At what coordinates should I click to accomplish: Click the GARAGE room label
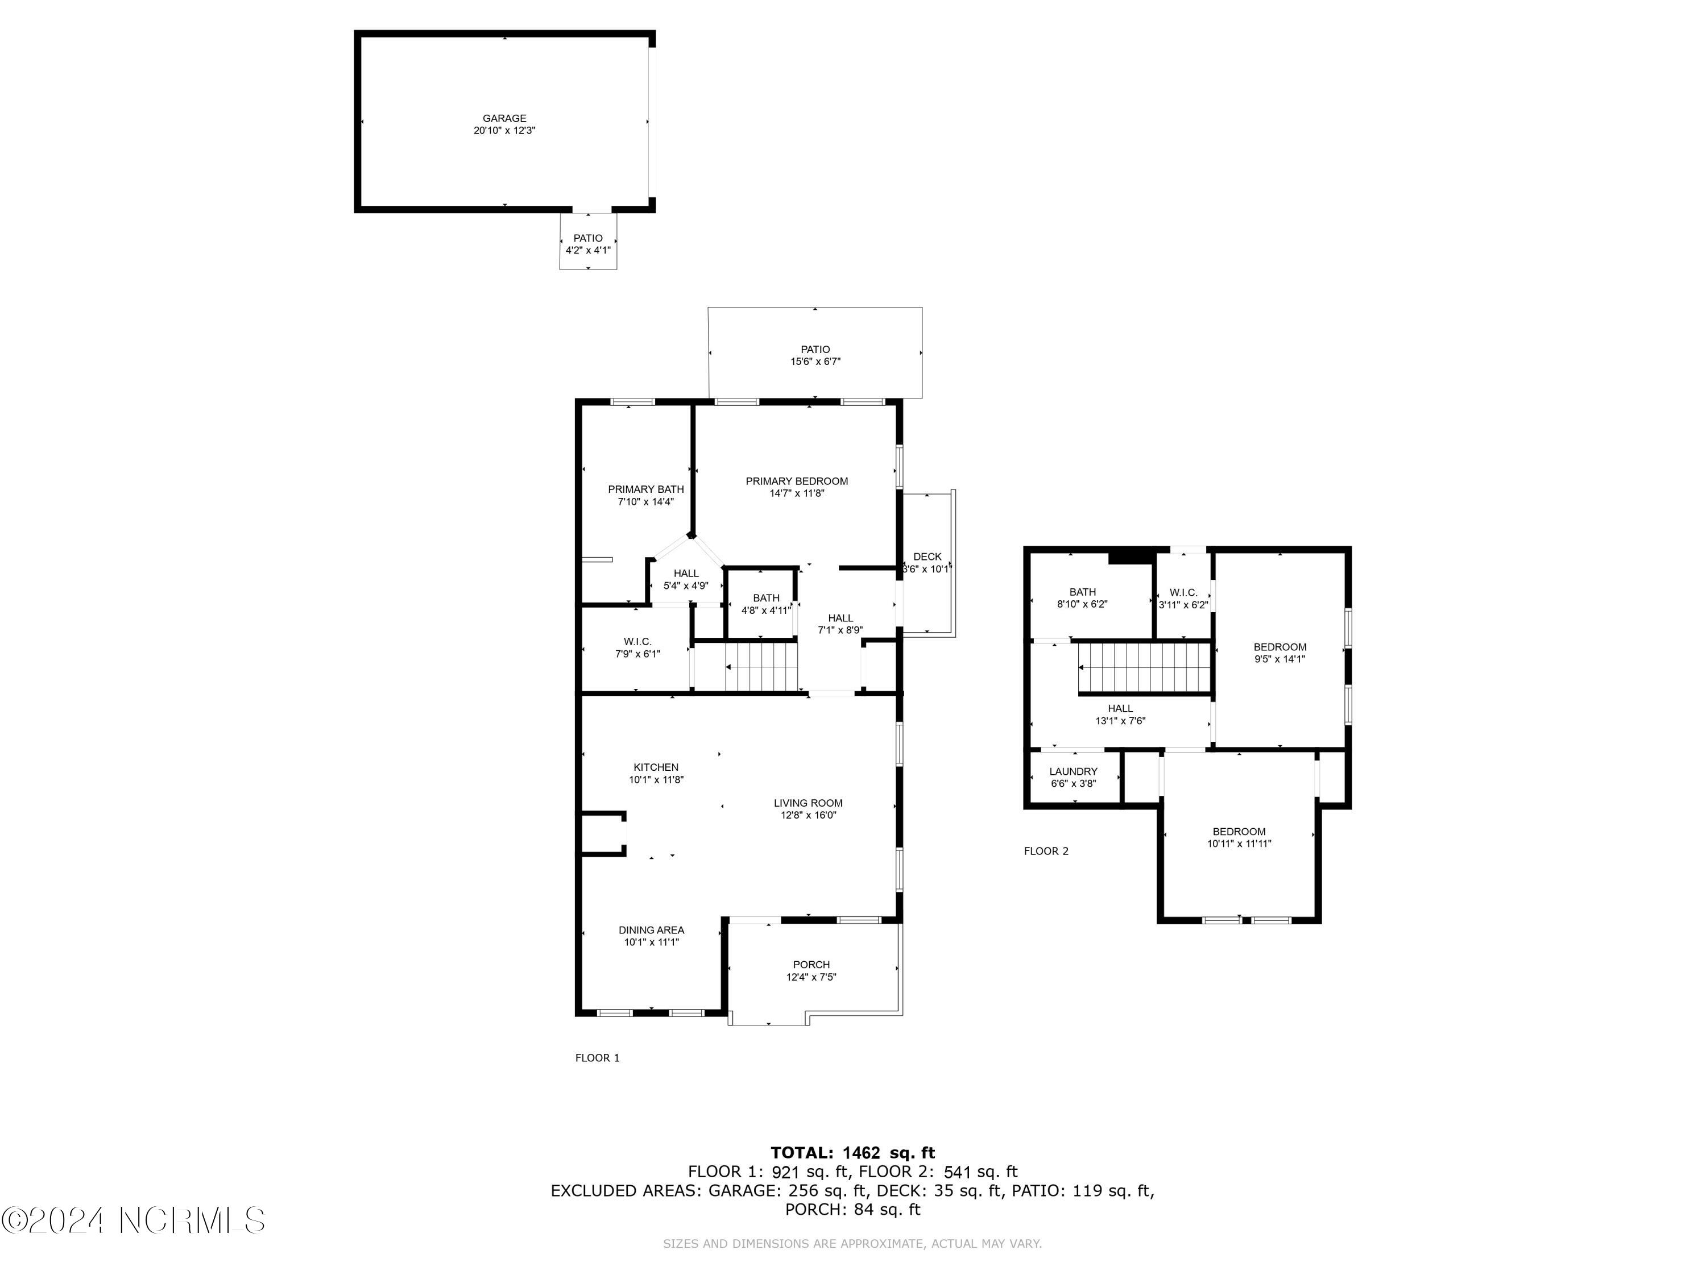(504, 118)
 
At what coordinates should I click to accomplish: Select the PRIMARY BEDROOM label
(796, 481)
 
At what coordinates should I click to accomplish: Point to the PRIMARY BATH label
(645, 489)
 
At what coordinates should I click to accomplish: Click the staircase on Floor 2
(1144, 668)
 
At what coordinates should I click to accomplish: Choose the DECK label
(927, 557)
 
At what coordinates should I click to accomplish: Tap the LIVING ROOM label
(808, 803)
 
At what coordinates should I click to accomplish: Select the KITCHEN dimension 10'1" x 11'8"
(656, 779)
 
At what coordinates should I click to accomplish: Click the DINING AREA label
(651, 930)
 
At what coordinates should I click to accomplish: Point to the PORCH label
(811, 965)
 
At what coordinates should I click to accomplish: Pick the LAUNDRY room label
(1073, 771)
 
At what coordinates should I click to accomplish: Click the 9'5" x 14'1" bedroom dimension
(1279, 659)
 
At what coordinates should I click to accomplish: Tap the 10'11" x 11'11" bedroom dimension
(1239, 844)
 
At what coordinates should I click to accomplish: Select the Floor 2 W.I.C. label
(1183, 592)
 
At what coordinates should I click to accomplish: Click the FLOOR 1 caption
(597, 1058)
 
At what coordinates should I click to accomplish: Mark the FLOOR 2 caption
(1046, 851)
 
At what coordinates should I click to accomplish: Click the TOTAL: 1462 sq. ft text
(852, 1153)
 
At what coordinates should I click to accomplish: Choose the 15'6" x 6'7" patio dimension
(815, 362)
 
